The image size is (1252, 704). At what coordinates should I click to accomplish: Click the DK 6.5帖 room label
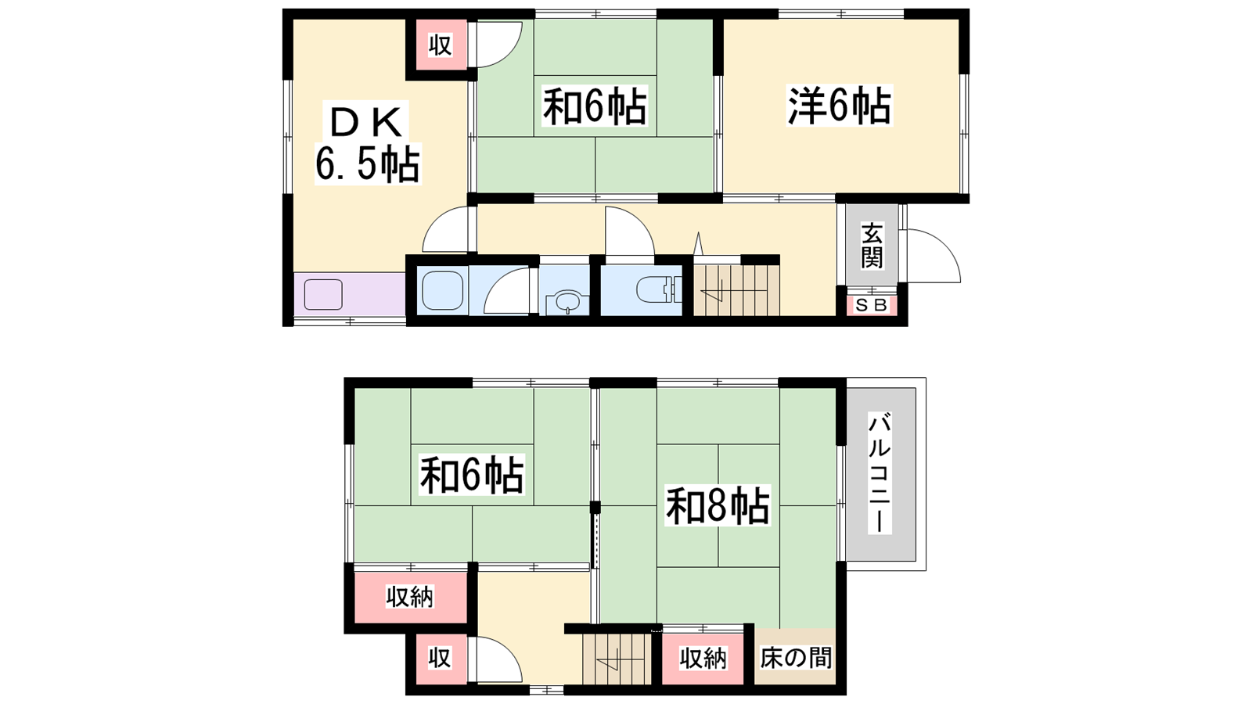pos(367,143)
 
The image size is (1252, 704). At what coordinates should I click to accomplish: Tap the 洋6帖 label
pos(840,105)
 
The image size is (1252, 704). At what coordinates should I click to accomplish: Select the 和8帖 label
pos(718,505)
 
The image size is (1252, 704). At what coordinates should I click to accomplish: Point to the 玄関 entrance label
pos(872,246)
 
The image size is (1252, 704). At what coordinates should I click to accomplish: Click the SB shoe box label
pos(872,306)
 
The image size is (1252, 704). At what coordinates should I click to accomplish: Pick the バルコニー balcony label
pos(880,472)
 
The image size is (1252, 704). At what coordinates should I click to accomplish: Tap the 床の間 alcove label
pos(795,658)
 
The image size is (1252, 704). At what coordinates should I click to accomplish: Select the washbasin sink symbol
pos(567,302)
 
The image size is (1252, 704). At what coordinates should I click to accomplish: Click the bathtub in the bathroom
pos(443,290)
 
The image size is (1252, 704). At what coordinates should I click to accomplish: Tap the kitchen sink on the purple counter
pos(323,294)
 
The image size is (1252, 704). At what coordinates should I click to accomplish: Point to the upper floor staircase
pos(617,659)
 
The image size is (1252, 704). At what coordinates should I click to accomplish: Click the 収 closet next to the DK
pos(441,45)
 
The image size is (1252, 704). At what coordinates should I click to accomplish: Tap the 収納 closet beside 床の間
pos(703,659)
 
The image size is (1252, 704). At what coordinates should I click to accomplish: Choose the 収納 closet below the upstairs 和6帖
pos(410,598)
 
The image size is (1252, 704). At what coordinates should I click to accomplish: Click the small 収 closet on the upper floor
pos(440,658)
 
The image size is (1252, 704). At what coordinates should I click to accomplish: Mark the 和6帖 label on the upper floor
pos(473,475)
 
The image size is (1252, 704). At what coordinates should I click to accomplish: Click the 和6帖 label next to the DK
pos(595,106)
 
